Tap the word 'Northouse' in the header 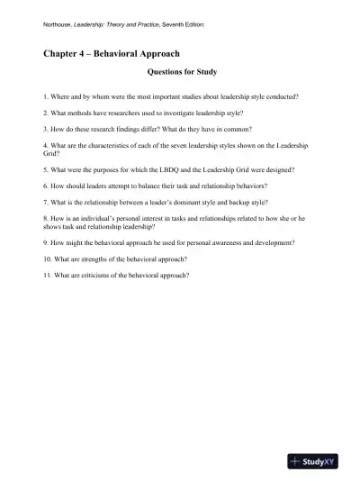58,24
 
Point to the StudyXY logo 319,461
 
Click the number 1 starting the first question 45,95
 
